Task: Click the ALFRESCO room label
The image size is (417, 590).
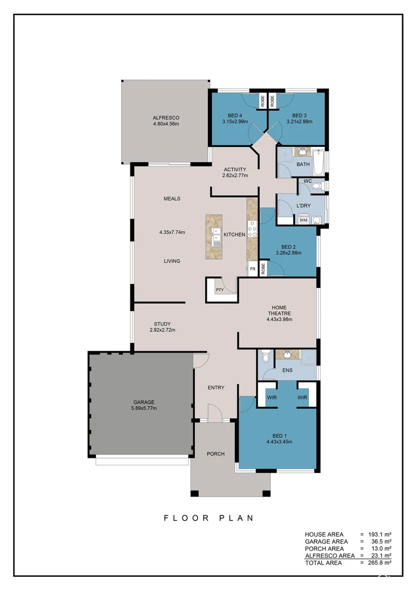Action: click(166, 118)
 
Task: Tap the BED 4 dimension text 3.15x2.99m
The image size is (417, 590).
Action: click(235, 121)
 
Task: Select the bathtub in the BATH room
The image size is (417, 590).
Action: click(318, 163)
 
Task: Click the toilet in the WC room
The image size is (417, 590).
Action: click(318, 186)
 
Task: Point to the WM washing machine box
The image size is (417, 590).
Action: click(303, 220)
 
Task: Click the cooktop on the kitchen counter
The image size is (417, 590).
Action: click(252, 229)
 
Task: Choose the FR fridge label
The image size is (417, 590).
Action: click(253, 269)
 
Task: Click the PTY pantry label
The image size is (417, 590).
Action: click(220, 290)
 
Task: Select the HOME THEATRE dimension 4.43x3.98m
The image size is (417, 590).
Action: click(279, 320)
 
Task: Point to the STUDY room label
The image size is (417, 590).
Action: click(163, 324)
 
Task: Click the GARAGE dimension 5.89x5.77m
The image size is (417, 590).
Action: click(144, 408)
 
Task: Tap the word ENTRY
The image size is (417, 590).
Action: click(216, 387)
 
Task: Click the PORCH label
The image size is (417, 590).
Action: click(216, 454)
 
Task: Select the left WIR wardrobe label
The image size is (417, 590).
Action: click(272, 397)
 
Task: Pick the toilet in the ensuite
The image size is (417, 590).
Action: click(266, 356)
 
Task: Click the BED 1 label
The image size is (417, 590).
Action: click(279, 436)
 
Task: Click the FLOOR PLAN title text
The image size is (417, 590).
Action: click(208, 518)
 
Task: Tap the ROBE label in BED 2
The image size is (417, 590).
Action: click(263, 268)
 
